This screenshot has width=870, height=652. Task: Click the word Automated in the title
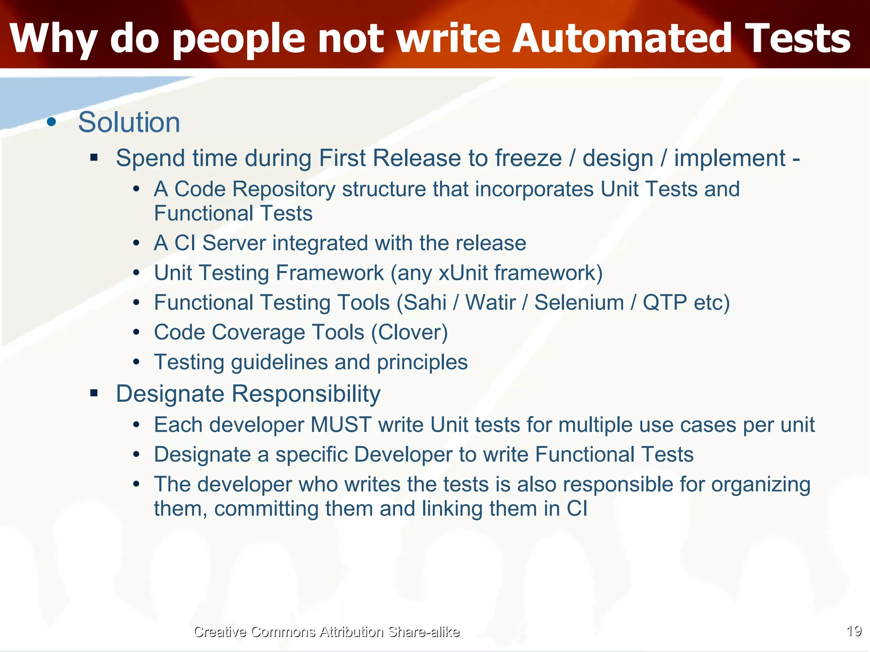[x=622, y=39]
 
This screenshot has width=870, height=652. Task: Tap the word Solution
[x=129, y=122]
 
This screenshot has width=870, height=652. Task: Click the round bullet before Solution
[x=51, y=122]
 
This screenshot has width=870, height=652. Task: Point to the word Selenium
[x=579, y=303]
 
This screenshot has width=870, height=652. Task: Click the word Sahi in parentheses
[x=424, y=303]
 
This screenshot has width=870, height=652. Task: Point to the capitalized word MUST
[x=341, y=425]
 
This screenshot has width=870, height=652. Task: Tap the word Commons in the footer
[x=283, y=632]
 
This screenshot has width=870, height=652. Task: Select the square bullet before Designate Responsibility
[x=94, y=393]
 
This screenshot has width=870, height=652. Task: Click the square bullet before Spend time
[x=94, y=158]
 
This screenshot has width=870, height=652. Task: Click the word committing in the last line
[x=266, y=509]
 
